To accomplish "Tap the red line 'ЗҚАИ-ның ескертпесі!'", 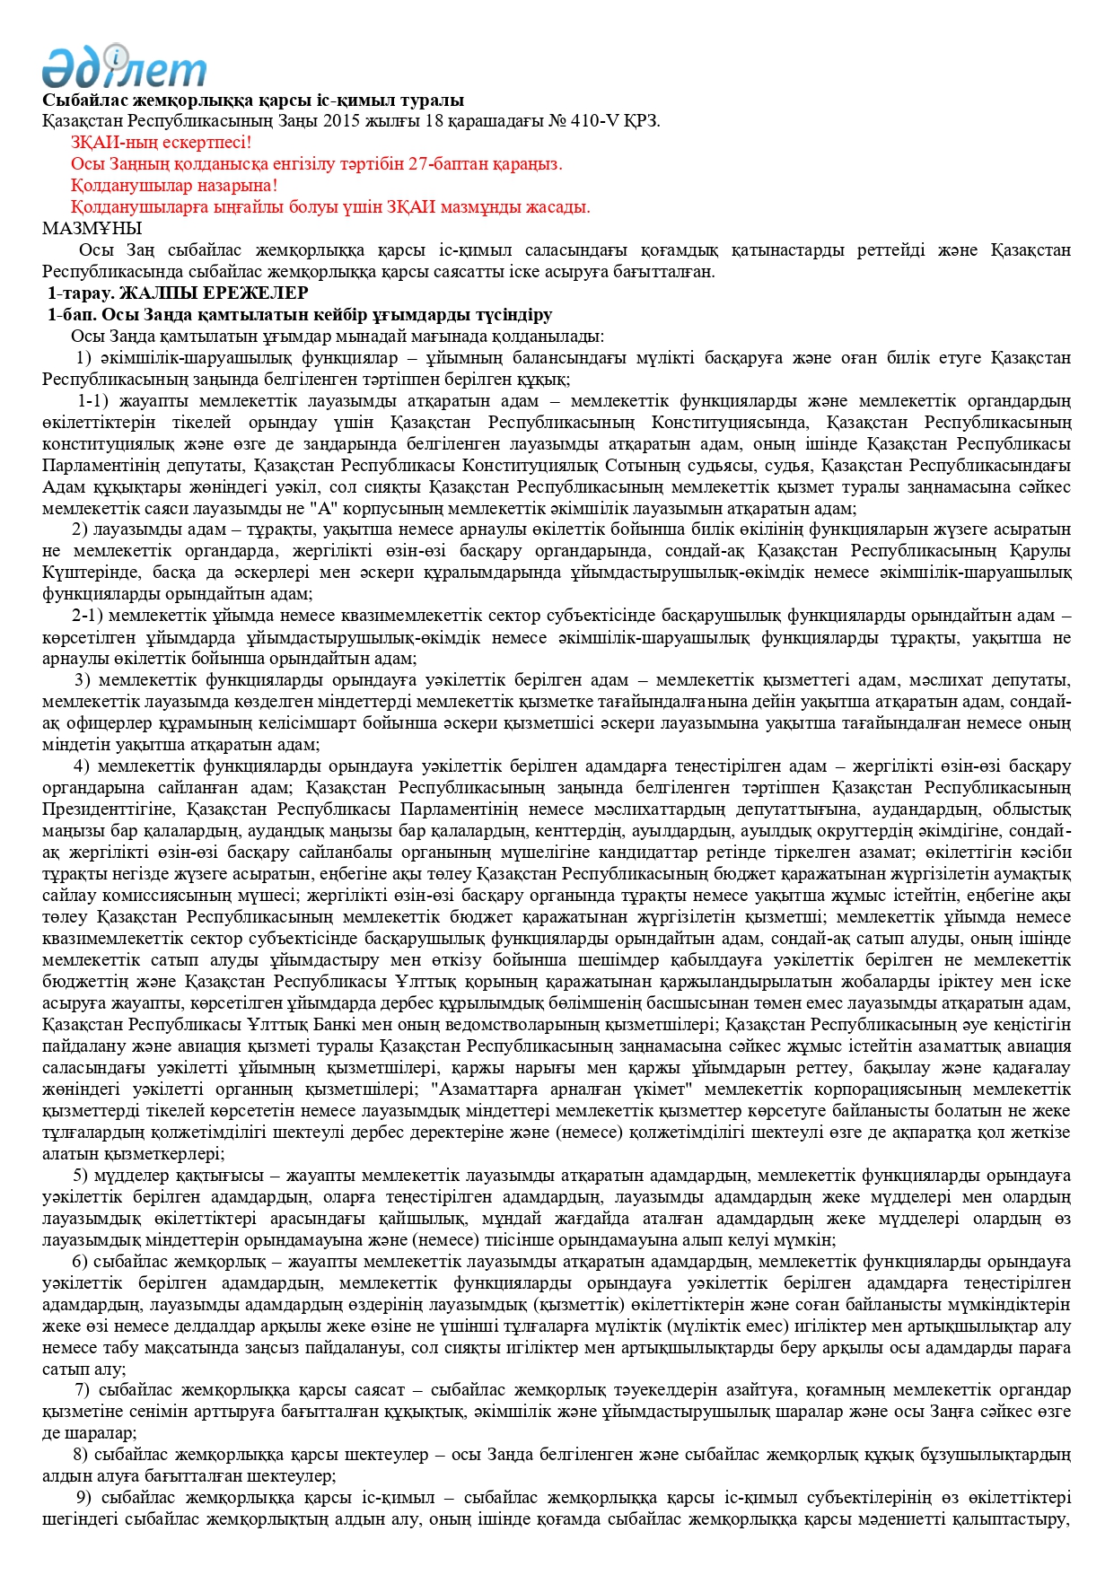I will point(162,143).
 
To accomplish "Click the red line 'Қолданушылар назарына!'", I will point(174,186).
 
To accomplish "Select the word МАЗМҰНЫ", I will point(92,229).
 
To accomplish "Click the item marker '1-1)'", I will point(92,401).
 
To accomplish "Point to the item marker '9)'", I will point(83,1498).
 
